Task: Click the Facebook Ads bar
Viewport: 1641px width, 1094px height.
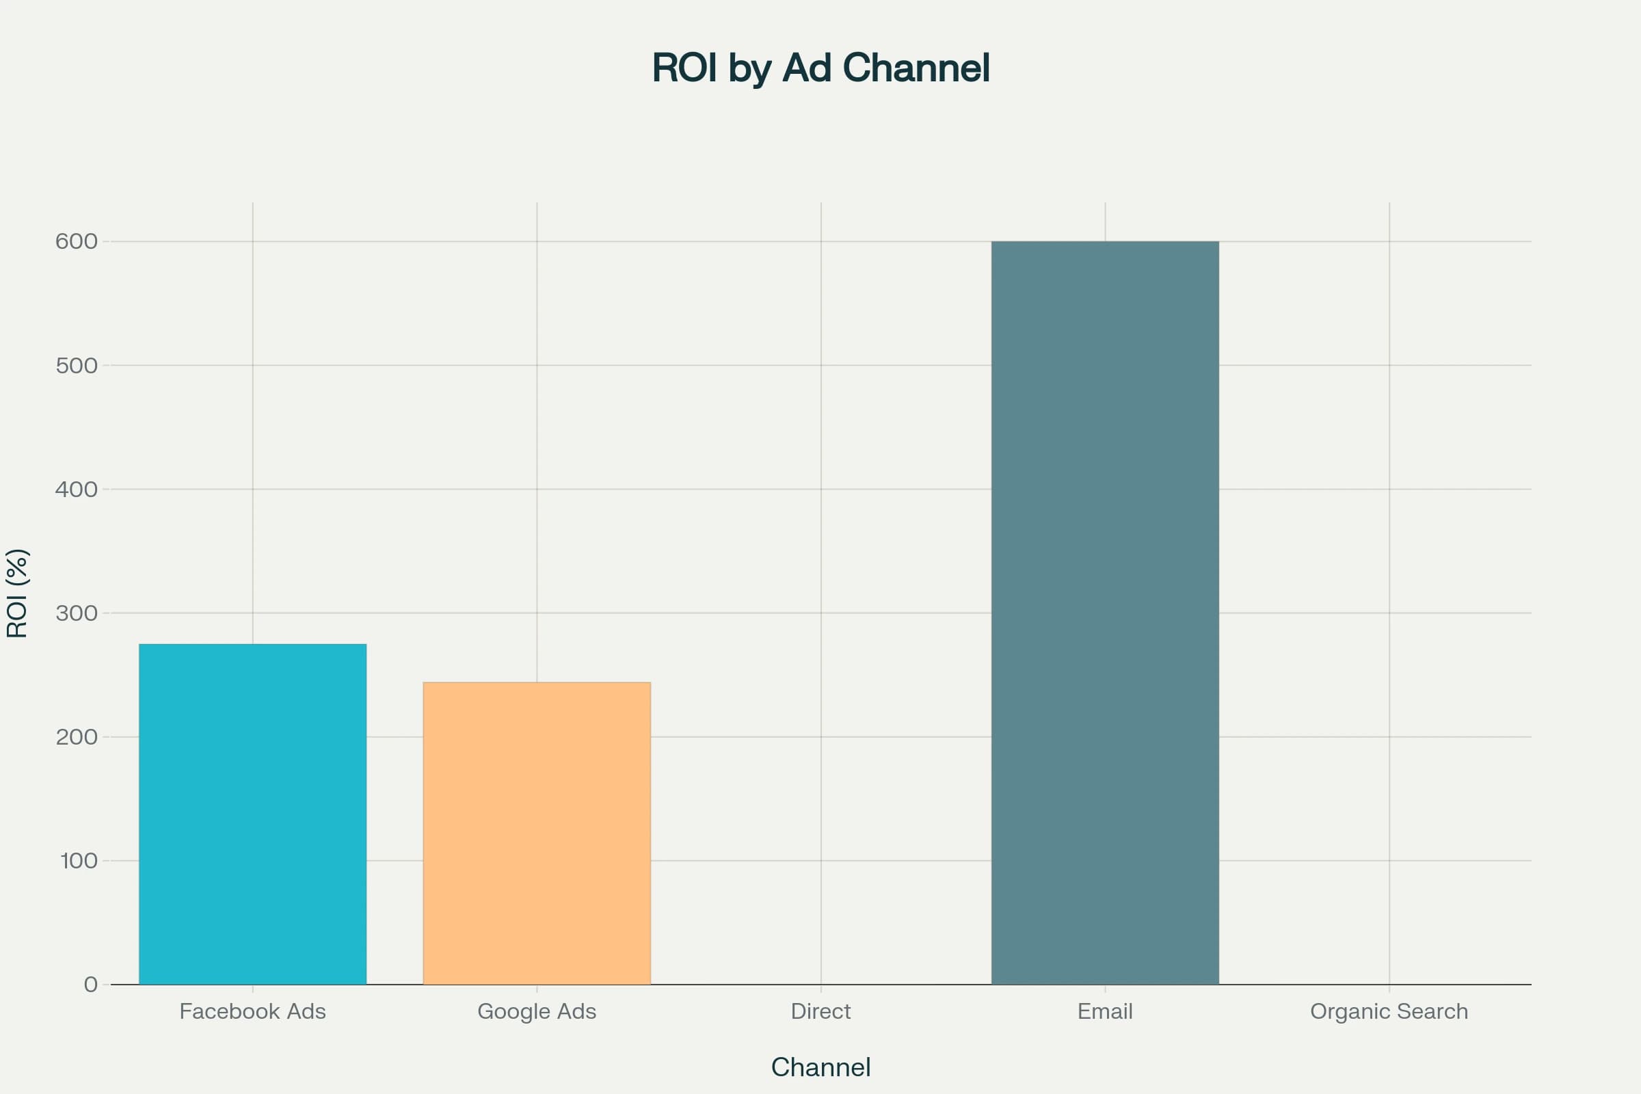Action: point(252,814)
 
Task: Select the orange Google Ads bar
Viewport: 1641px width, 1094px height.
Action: point(537,833)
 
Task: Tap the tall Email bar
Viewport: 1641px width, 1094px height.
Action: point(1104,613)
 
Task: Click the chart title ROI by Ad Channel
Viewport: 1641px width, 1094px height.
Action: point(820,68)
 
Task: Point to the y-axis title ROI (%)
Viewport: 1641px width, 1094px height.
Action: point(16,593)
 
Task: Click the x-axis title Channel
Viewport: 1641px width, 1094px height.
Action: point(820,1067)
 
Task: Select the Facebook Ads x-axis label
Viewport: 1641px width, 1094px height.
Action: point(252,1011)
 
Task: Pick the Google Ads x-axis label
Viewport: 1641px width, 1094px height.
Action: point(537,1011)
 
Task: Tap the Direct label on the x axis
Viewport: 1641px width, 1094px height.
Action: point(820,1011)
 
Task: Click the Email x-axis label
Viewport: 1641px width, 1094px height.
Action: point(1104,1011)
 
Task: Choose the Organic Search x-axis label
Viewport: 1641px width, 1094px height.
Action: point(1389,1011)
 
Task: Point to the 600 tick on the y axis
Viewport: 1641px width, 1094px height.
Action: point(76,241)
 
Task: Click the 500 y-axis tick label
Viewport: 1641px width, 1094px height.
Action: point(76,366)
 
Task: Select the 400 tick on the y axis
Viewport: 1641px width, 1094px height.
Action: point(76,489)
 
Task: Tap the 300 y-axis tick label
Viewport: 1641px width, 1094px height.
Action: point(76,613)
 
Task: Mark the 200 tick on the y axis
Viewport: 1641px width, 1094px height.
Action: point(76,737)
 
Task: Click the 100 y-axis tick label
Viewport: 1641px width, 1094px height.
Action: point(78,861)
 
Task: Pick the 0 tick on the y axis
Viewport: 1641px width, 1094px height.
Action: point(91,985)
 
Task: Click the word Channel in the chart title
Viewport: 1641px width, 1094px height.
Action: point(916,68)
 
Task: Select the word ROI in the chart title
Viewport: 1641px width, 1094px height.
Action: point(684,68)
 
